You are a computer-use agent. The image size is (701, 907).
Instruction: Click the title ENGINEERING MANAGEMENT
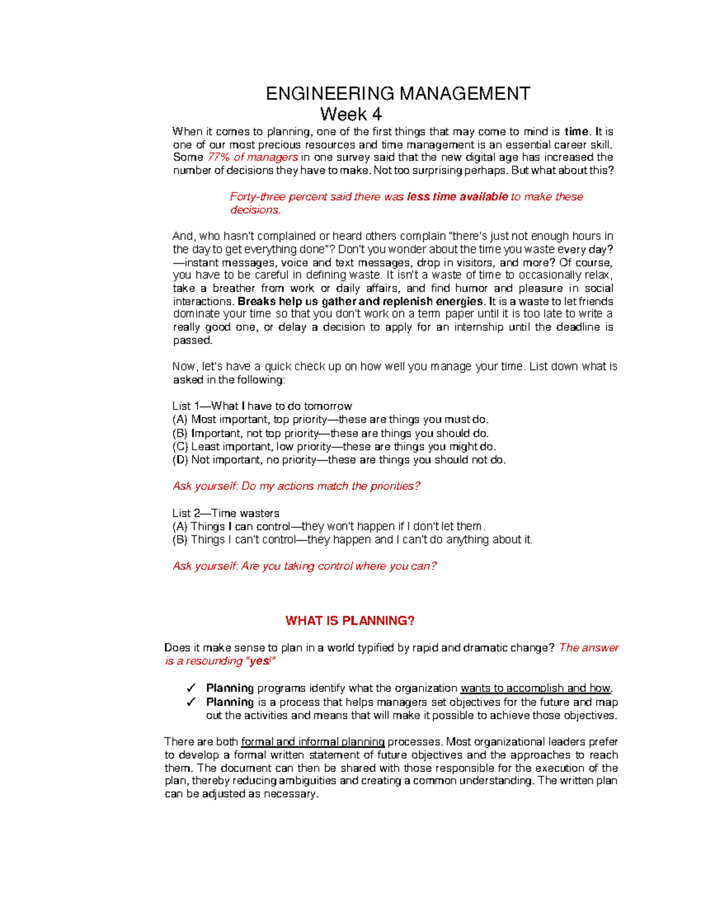[x=398, y=93]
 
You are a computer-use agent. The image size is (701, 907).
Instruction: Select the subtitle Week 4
[x=350, y=114]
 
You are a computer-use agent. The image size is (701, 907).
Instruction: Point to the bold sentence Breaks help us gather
[x=361, y=301]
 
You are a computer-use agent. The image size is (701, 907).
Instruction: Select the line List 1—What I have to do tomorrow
[x=262, y=406]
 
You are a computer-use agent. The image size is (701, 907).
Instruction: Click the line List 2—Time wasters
[x=225, y=513]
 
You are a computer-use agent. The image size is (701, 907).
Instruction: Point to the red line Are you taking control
[x=304, y=566]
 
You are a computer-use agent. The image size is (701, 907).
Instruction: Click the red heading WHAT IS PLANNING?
[x=349, y=621]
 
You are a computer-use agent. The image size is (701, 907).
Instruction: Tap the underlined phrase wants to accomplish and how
[x=536, y=688]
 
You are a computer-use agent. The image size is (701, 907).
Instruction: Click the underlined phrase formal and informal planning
[x=313, y=742]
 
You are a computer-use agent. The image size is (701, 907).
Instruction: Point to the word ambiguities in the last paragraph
[x=308, y=781]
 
